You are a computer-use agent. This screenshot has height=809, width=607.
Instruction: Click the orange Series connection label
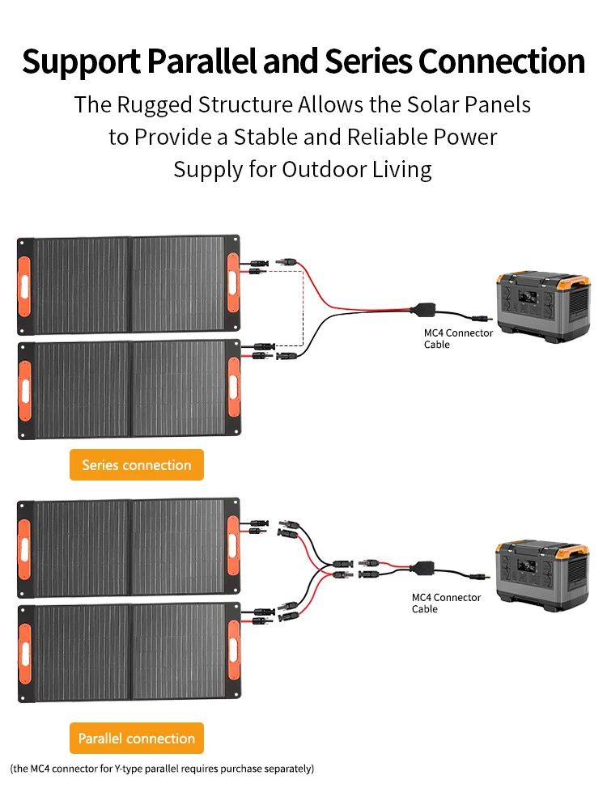pyautogui.click(x=136, y=465)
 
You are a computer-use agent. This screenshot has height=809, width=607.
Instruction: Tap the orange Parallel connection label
pyautogui.click(x=136, y=739)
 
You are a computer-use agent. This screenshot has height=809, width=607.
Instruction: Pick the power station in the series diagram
pyautogui.click(x=543, y=304)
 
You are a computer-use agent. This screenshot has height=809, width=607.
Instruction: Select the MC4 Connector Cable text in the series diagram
pyautogui.click(x=458, y=339)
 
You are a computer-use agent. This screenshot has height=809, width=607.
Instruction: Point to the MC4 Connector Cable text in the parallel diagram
pyautogui.click(x=446, y=603)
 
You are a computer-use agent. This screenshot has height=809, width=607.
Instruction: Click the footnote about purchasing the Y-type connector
pyautogui.click(x=162, y=768)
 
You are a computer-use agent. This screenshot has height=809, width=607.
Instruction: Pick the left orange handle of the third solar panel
pyautogui.click(x=25, y=547)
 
